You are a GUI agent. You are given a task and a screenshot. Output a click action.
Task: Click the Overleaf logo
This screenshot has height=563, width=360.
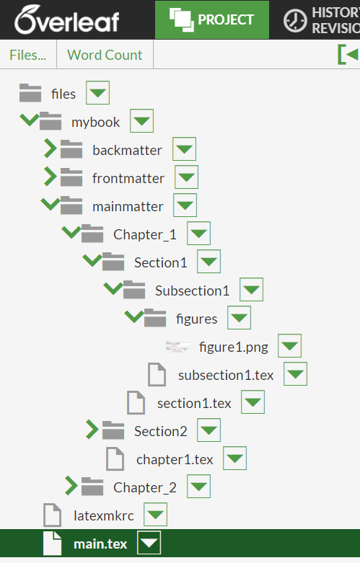click(67, 19)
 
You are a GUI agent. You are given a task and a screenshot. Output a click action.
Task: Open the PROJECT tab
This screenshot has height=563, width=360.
click(212, 19)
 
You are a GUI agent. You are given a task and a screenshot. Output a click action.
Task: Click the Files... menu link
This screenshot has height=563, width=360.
click(28, 55)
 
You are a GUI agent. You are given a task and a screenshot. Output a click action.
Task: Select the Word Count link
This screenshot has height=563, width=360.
click(105, 55)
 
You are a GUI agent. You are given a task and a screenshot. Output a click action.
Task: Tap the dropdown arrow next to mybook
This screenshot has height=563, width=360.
click(141, 121)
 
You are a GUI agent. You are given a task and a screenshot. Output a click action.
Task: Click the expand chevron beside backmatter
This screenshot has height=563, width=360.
click(50, 148)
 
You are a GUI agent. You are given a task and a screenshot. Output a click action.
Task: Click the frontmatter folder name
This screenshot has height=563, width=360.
click(128, 178)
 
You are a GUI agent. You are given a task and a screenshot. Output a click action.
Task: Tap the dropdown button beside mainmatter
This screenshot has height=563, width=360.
click(185, 205)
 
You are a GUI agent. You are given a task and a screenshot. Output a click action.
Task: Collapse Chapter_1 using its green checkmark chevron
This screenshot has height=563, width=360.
click(71, 231)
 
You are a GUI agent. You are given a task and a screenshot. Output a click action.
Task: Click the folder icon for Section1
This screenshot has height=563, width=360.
click(113, 262)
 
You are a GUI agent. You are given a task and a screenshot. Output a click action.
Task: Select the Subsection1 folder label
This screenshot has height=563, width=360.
click(192, 291)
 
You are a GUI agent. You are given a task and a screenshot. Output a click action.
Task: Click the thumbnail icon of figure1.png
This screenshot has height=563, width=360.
click(177, 347)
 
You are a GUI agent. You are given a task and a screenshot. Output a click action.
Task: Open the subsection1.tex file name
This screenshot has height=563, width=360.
click(226, 376)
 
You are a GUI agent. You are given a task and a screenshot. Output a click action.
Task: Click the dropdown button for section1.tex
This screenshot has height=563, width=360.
click(253, 402)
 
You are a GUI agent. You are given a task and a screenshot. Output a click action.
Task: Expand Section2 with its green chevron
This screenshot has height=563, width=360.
click(92, 430)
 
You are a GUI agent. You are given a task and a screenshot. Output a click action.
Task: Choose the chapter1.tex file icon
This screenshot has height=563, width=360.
click(115, 459)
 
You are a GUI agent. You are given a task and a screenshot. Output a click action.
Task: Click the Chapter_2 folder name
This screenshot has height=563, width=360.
click(145, 487)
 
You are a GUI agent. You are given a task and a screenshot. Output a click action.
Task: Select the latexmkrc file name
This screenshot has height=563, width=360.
click(104, 516)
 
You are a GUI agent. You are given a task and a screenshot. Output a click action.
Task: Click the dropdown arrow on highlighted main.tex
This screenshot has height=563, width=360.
click(149, 543)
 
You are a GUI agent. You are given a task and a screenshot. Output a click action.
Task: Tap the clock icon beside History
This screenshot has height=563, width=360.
click(295, 20)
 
